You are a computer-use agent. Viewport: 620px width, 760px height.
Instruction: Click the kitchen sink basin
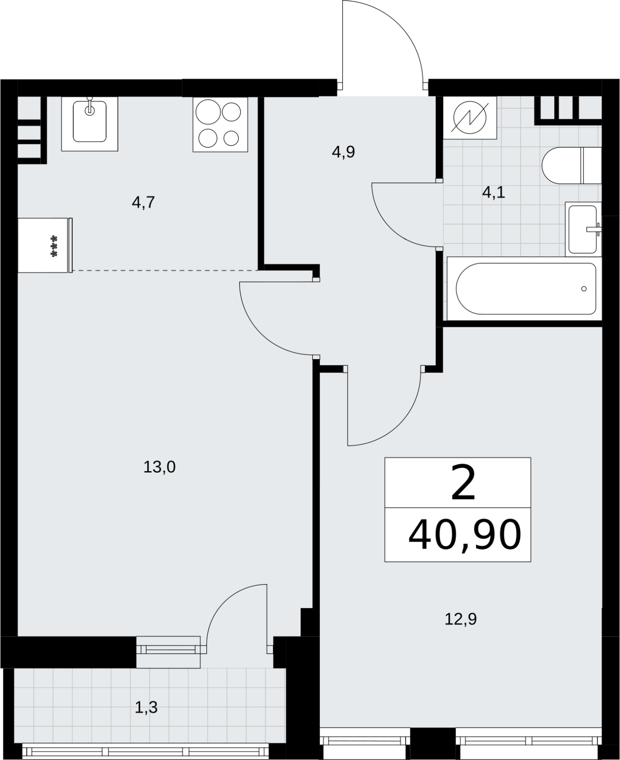90,121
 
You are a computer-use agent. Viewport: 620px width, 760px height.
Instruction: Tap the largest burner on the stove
208,112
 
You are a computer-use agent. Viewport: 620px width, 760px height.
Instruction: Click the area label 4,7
143,203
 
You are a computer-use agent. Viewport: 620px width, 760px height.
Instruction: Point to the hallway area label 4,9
343,152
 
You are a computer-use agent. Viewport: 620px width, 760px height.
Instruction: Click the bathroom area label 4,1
494,193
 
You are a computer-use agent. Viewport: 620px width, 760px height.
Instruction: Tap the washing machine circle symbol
470,118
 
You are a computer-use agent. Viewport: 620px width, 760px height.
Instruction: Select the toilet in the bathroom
572,166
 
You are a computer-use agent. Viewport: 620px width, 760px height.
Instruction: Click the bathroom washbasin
583,229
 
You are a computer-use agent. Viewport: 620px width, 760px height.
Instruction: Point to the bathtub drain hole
584,289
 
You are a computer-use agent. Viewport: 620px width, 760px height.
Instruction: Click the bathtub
524,289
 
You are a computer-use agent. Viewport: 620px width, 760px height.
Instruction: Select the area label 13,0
159,467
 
